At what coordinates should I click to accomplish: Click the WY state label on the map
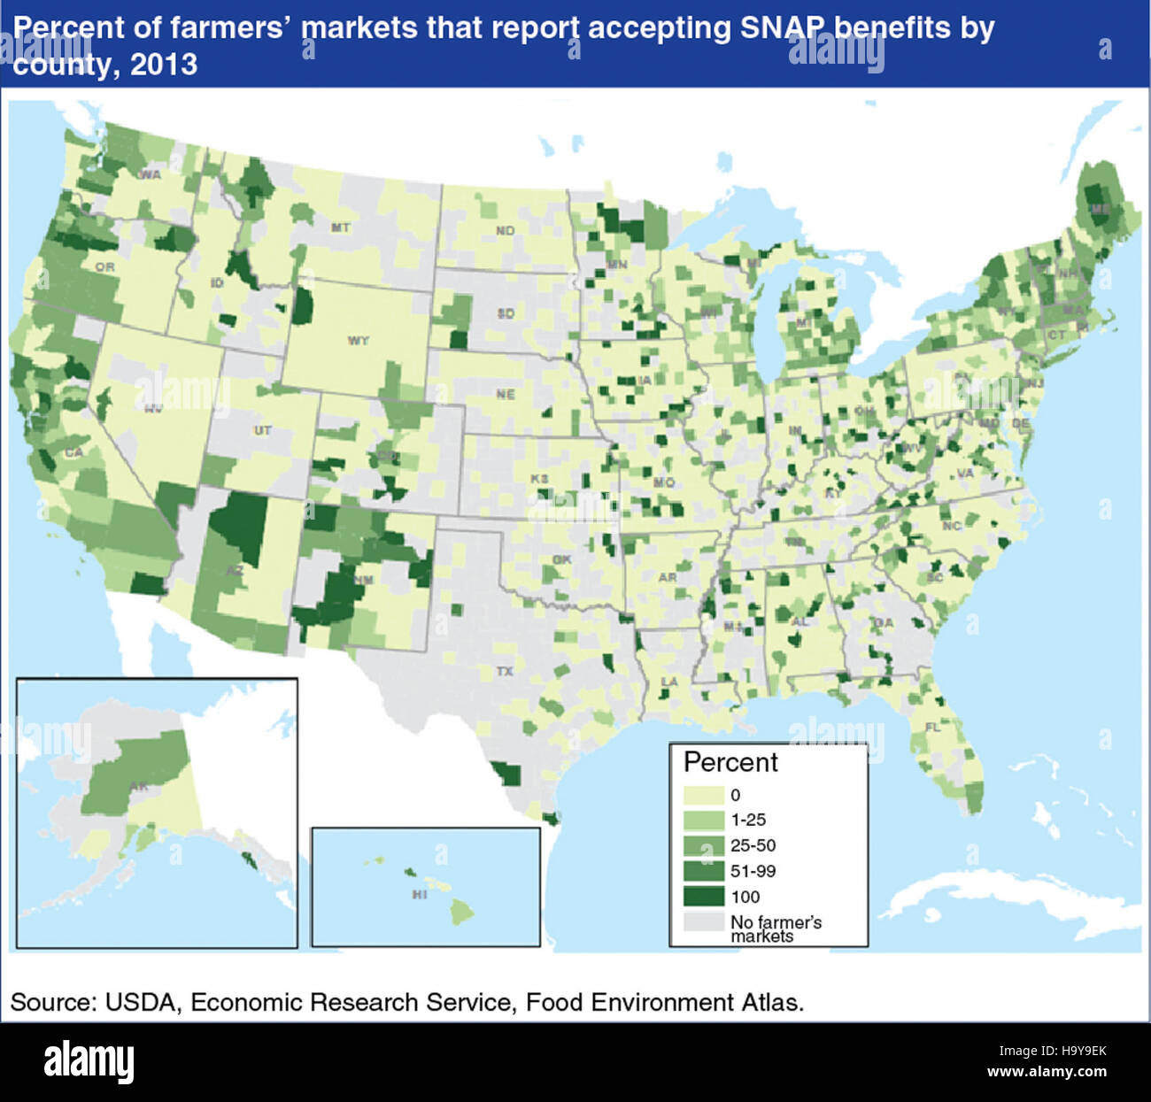[358, 341]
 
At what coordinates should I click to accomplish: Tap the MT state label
[341, 228]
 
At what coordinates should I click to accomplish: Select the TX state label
[504, 672]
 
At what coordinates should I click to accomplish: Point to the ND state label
[505, 231]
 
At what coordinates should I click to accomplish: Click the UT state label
[263, 431]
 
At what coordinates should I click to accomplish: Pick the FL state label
[932, 727]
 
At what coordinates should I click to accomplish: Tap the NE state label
[505, 395]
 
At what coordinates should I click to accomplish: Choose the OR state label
[104, 267]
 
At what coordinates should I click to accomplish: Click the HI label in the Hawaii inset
[420, 895]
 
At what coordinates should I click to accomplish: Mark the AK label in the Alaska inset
[139, 787]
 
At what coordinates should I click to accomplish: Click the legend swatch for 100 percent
[704, 897]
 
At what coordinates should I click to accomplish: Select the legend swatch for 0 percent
[704, 795]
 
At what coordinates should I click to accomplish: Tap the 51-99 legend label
[753, 872]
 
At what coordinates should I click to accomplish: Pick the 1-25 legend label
[748, 821]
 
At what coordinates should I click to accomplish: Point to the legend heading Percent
[730, 762]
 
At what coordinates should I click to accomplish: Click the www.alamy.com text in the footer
[1047, 1072]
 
